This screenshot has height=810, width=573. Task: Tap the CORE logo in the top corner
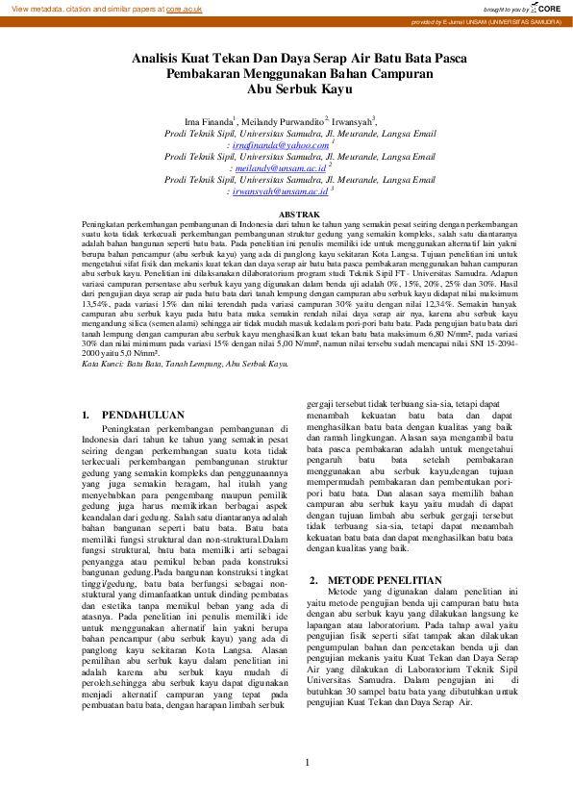pos(551,8)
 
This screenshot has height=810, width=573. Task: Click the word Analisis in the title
pos(158,59)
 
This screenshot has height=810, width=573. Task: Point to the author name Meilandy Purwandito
pos(283,120)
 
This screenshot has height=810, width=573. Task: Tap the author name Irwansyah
pos(352,120)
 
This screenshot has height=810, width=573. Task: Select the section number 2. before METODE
pos(313,580)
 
